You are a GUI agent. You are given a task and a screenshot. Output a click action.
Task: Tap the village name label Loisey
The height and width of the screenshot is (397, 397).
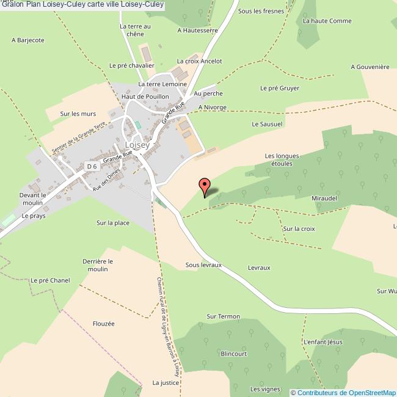(x=137, y=145)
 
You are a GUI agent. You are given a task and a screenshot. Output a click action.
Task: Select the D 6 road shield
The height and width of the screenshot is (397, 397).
(x=92, y=166)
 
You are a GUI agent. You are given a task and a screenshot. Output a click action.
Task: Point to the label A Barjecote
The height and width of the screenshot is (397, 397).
(x=28, y=40)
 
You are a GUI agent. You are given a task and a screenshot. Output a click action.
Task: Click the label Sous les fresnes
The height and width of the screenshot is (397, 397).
(x=261, y=11)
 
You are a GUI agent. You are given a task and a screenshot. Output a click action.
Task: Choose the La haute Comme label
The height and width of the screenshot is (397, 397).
(x=327, y=21)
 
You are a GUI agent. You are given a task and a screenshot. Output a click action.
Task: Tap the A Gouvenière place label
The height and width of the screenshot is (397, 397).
(x=370, y=67)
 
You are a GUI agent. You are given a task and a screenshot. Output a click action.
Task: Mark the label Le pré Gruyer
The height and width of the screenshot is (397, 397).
(x=280, y=88)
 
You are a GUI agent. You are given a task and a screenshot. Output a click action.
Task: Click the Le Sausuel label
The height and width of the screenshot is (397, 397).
(x=268, y=123)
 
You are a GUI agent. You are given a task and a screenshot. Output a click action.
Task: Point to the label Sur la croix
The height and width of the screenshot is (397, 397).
(x=299, y=229)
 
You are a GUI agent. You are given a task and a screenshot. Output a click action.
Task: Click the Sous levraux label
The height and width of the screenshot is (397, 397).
(x=203, y=266)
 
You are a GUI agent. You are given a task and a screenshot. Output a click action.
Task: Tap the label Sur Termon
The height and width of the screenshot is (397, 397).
(x=224, y=316)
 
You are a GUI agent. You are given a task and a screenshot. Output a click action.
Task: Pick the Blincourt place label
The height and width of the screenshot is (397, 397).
(x=233, y=354)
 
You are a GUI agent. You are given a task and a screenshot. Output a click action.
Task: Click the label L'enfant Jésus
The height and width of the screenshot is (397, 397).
(x=323, y=342)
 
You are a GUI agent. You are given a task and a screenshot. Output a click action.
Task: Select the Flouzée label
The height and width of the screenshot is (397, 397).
(x=104, y=324)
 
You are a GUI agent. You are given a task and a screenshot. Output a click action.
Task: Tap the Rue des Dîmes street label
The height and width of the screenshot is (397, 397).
(x=104, y=181)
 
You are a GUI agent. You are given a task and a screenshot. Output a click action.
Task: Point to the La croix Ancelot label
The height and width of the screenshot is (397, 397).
(x=200, y=61)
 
